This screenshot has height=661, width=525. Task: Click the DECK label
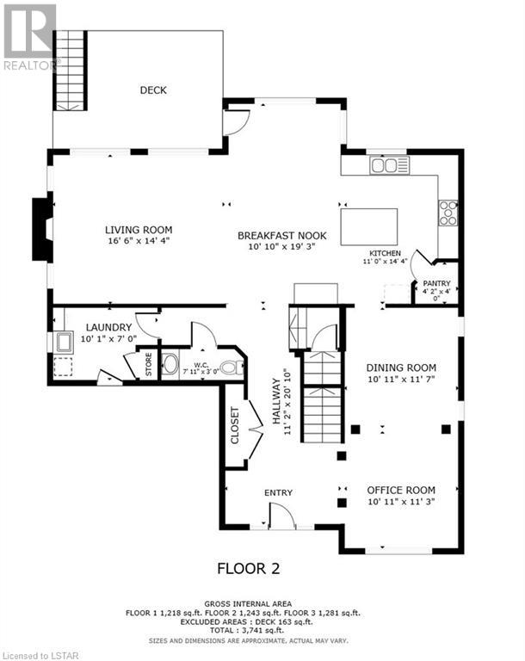pyautogui.click(x=153, y=90)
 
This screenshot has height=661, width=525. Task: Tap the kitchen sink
pyautogui.click(x=390, y=165)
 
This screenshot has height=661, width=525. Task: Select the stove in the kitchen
pyautogui.click(x=448, y=213)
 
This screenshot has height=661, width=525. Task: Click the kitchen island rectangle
pyautogui.click(x=369, y=227)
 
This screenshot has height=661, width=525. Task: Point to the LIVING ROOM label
pyautogui.click(x=139, y=230)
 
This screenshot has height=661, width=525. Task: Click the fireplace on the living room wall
pyautogui.click(x=42, y=230)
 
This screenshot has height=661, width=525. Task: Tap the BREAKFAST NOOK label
pyautogui.click(x=282, y=235)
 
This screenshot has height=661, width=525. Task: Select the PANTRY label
pyautogui.click(x=437, y=283)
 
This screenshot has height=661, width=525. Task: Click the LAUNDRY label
pyautogui.click(x=108, y=327)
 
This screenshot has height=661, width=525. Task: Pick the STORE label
pyautogui.click(x=148, y=364)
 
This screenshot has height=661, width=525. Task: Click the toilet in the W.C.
pyautogui.click(x=232, y=368)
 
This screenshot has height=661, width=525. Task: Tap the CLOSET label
pyautogui.click(x=235, y=425)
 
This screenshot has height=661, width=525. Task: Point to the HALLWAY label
pyautogui.click(x=276, y=401)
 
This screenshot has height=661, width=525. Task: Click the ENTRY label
pyautogui.click(x=278, y=492)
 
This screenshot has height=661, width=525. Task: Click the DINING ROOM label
pyautogui.click(x=401, y=368)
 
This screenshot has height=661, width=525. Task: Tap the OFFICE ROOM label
pyautogui.click(x=401, y=490)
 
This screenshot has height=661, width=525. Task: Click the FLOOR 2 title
pyautogui.click(x=249, y=568)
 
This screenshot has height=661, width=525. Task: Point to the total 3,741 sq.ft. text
pyautogui.click(x=248, y=630)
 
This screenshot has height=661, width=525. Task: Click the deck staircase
pyautogui.click(x=70, y=71)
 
